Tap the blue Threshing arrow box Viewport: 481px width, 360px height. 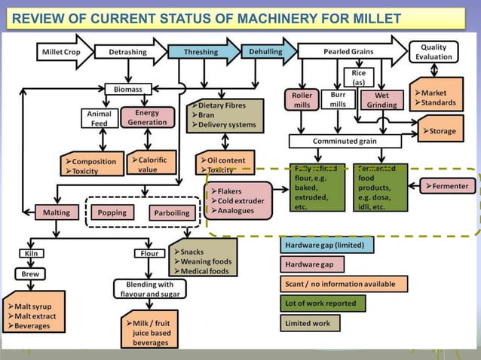coord(203,52)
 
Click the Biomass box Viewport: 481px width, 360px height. coord(127,89)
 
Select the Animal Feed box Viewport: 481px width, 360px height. coord(100,118)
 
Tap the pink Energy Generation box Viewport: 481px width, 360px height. coord(147,117)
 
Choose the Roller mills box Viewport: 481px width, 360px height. coord(302,100)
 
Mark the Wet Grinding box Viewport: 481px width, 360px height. coord(381,100)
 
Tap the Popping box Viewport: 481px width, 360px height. coord(112,212)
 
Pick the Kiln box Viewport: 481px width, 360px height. coord(31,254)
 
